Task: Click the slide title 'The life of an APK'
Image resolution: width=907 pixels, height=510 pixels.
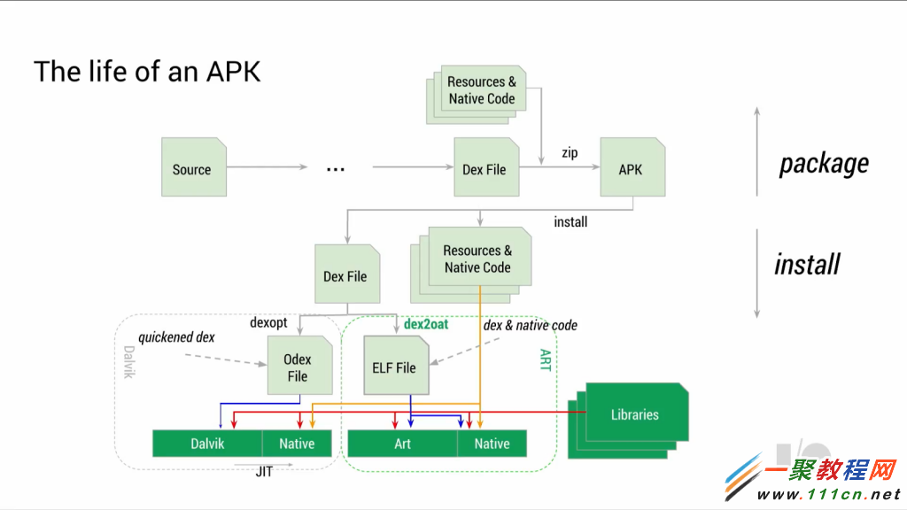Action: [147, 71]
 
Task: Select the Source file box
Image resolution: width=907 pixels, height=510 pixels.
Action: [191, 168]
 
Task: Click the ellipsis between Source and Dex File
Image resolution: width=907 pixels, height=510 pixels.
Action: [335, 169]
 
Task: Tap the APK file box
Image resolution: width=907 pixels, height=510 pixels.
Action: [631, 168]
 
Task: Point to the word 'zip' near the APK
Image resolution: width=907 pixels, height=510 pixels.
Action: [570, 153]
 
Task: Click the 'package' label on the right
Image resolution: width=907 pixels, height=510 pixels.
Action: [824, 163]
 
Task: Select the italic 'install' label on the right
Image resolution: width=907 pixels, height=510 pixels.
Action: [807, 264]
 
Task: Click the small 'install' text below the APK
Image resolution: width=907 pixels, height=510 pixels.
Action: [570, 221]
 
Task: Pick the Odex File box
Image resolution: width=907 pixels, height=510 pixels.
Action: [297, 367]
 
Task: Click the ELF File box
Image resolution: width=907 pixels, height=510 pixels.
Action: [394, 367]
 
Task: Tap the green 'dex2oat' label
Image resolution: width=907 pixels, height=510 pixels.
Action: [426, 324]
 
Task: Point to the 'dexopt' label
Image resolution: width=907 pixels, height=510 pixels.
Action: [268, 323]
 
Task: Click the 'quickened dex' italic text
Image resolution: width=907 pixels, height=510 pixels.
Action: [176, 337]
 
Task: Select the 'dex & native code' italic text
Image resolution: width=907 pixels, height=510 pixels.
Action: [530, 325]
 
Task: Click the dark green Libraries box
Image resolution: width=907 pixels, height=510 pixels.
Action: [634, 414]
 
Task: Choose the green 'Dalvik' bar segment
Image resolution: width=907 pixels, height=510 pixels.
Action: [206, 444]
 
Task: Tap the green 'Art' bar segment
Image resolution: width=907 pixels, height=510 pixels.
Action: [402, 444]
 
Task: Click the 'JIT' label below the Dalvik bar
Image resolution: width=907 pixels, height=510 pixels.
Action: [264, 472]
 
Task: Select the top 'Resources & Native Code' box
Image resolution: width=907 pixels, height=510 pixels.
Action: [481, 90]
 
